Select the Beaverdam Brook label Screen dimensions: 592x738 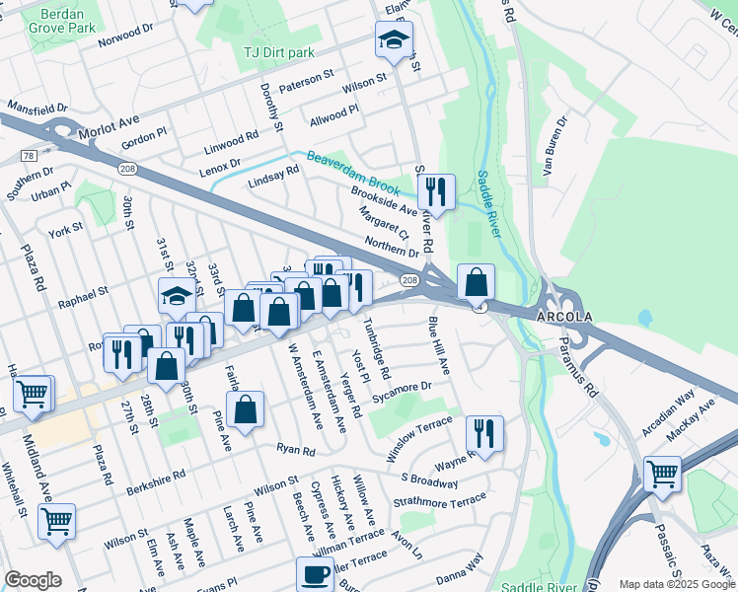coord(352,171)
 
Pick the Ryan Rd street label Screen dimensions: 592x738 coord(295,450)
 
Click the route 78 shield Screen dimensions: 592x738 coord(27,156)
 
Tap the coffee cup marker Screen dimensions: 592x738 coord(316,574)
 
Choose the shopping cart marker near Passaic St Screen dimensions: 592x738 coord(662,473)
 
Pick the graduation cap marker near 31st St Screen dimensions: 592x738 coord(178,294)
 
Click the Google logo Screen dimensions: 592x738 coord(34,580)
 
